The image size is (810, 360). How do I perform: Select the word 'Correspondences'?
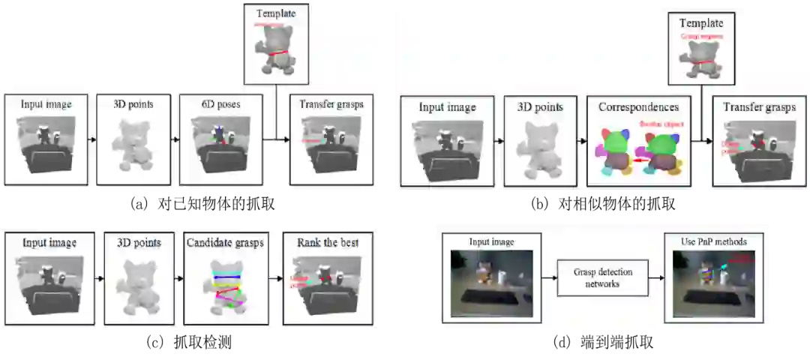click(x=638, y=107)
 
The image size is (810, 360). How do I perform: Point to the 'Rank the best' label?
click(x=327, y=242)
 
